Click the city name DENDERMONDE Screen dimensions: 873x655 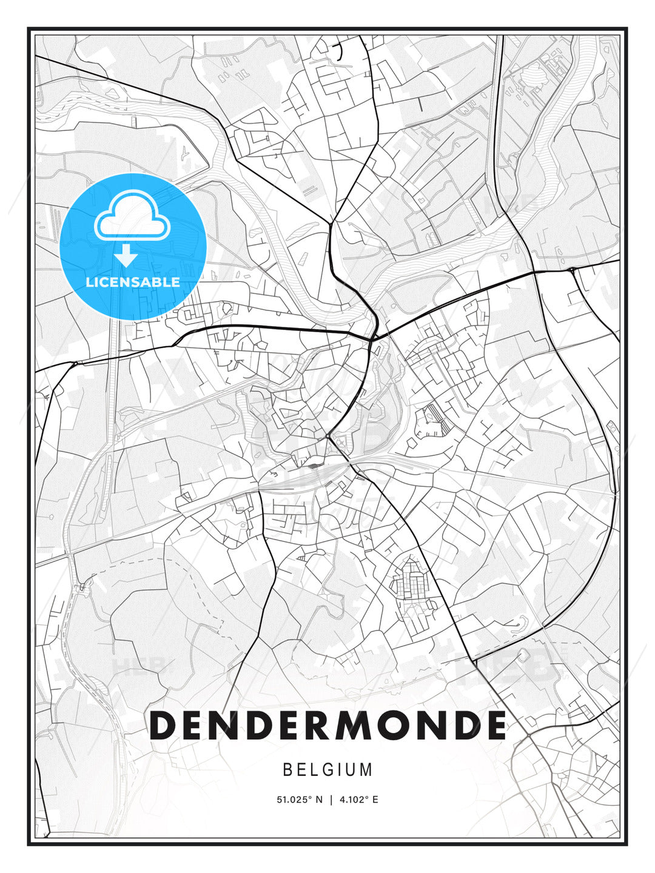pos(327,724)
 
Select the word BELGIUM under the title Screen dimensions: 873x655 pos(327,770)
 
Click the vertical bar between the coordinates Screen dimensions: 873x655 pos(331,800)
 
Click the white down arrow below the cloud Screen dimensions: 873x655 pos(126,256)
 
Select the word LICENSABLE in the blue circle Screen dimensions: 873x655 pos(133,282)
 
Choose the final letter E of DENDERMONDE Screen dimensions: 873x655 pos(494,724)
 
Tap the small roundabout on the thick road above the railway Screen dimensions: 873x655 pos(327,435)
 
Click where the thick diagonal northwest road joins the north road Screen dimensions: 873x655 pos(331,223)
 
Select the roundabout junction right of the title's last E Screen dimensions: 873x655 pos(528,734)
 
